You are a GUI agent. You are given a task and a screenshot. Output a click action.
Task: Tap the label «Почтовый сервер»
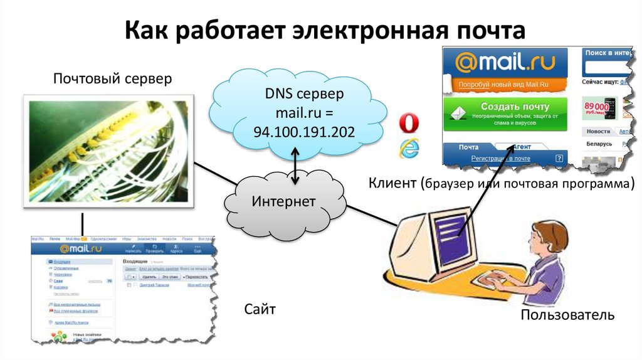112,79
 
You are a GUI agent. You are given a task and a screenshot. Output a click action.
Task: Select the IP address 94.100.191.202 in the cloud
303,132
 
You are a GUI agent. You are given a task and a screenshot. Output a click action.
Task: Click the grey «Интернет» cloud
284,201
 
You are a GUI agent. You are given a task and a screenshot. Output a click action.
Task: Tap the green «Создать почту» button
505,113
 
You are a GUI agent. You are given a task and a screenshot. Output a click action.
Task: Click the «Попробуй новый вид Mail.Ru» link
495,84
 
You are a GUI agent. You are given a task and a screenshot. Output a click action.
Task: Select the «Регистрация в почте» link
500,159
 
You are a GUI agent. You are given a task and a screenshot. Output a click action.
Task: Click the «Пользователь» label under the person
567,314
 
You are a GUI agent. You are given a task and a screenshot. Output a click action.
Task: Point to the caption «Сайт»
260,309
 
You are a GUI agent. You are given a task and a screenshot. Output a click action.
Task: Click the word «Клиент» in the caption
392,184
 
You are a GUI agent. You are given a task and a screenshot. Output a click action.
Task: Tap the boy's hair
550,233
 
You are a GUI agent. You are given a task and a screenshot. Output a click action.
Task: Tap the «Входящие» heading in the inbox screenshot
135,261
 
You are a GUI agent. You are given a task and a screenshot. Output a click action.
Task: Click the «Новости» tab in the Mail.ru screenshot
597,131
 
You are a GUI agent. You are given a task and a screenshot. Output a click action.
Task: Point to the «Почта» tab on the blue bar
468,147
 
